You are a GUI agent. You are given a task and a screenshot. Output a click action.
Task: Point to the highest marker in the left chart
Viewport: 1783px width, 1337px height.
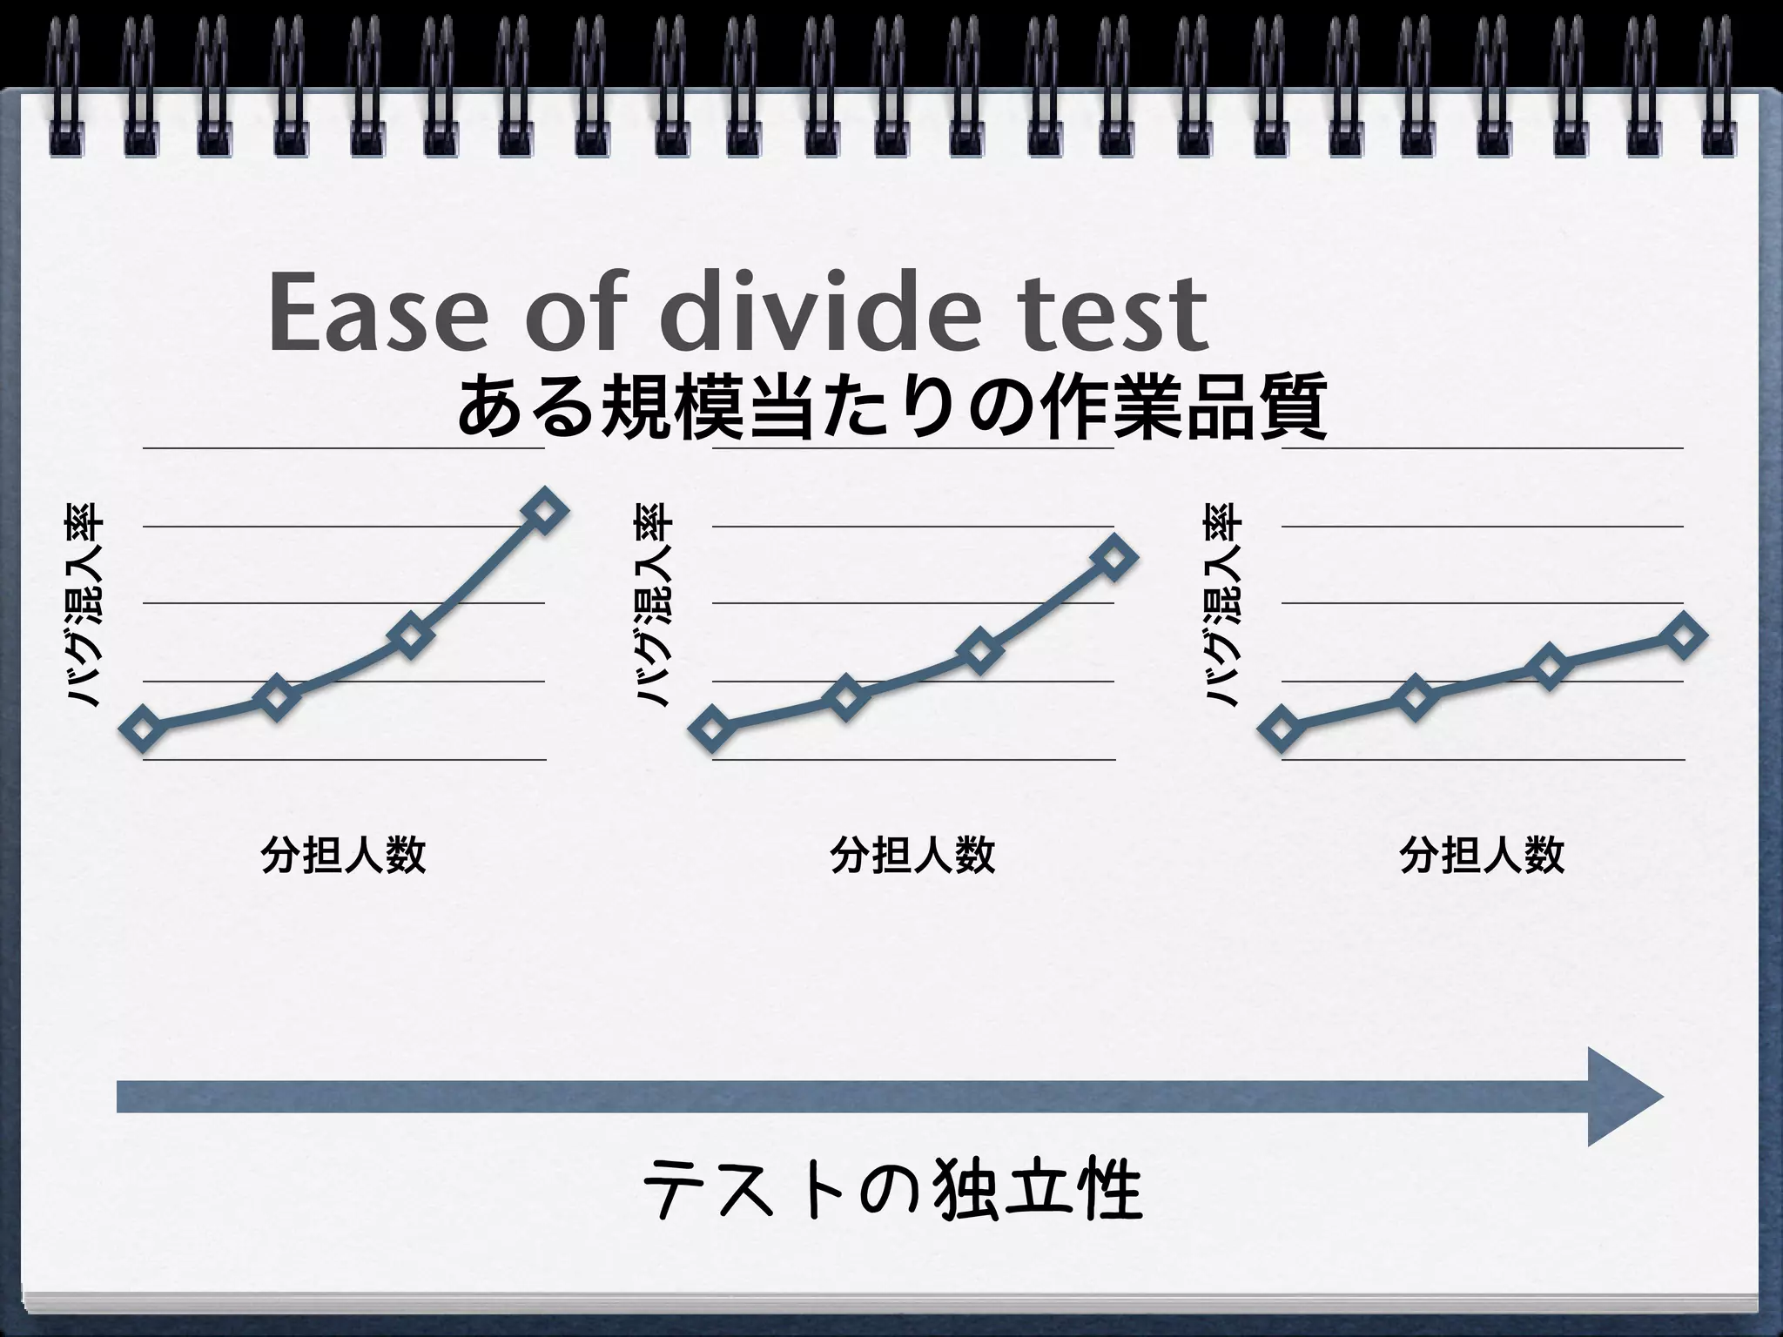(x=543, y=511)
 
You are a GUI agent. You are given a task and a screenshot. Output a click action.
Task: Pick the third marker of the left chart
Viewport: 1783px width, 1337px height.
(x=410, y=635)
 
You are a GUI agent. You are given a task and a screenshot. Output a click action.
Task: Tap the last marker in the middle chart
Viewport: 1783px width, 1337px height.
(x=1114, y=557)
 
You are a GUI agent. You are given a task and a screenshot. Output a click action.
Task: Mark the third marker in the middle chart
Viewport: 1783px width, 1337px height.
(x=979, y=653)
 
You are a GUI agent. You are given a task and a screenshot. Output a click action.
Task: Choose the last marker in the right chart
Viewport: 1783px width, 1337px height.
(x=1683, y=635)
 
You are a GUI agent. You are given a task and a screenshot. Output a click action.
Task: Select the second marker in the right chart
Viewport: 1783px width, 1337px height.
(x=1416, y=697)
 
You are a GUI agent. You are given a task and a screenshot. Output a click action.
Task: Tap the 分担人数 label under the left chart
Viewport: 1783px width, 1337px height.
(x=343, y=855)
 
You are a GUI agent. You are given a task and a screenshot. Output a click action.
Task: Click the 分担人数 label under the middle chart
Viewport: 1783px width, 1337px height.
(x=912, y=855)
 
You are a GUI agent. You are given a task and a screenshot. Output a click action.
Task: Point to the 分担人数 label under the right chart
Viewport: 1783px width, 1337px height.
(x=1482, y=855)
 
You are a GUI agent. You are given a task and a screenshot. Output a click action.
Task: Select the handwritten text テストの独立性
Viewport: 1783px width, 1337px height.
(x=891, y=1193)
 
